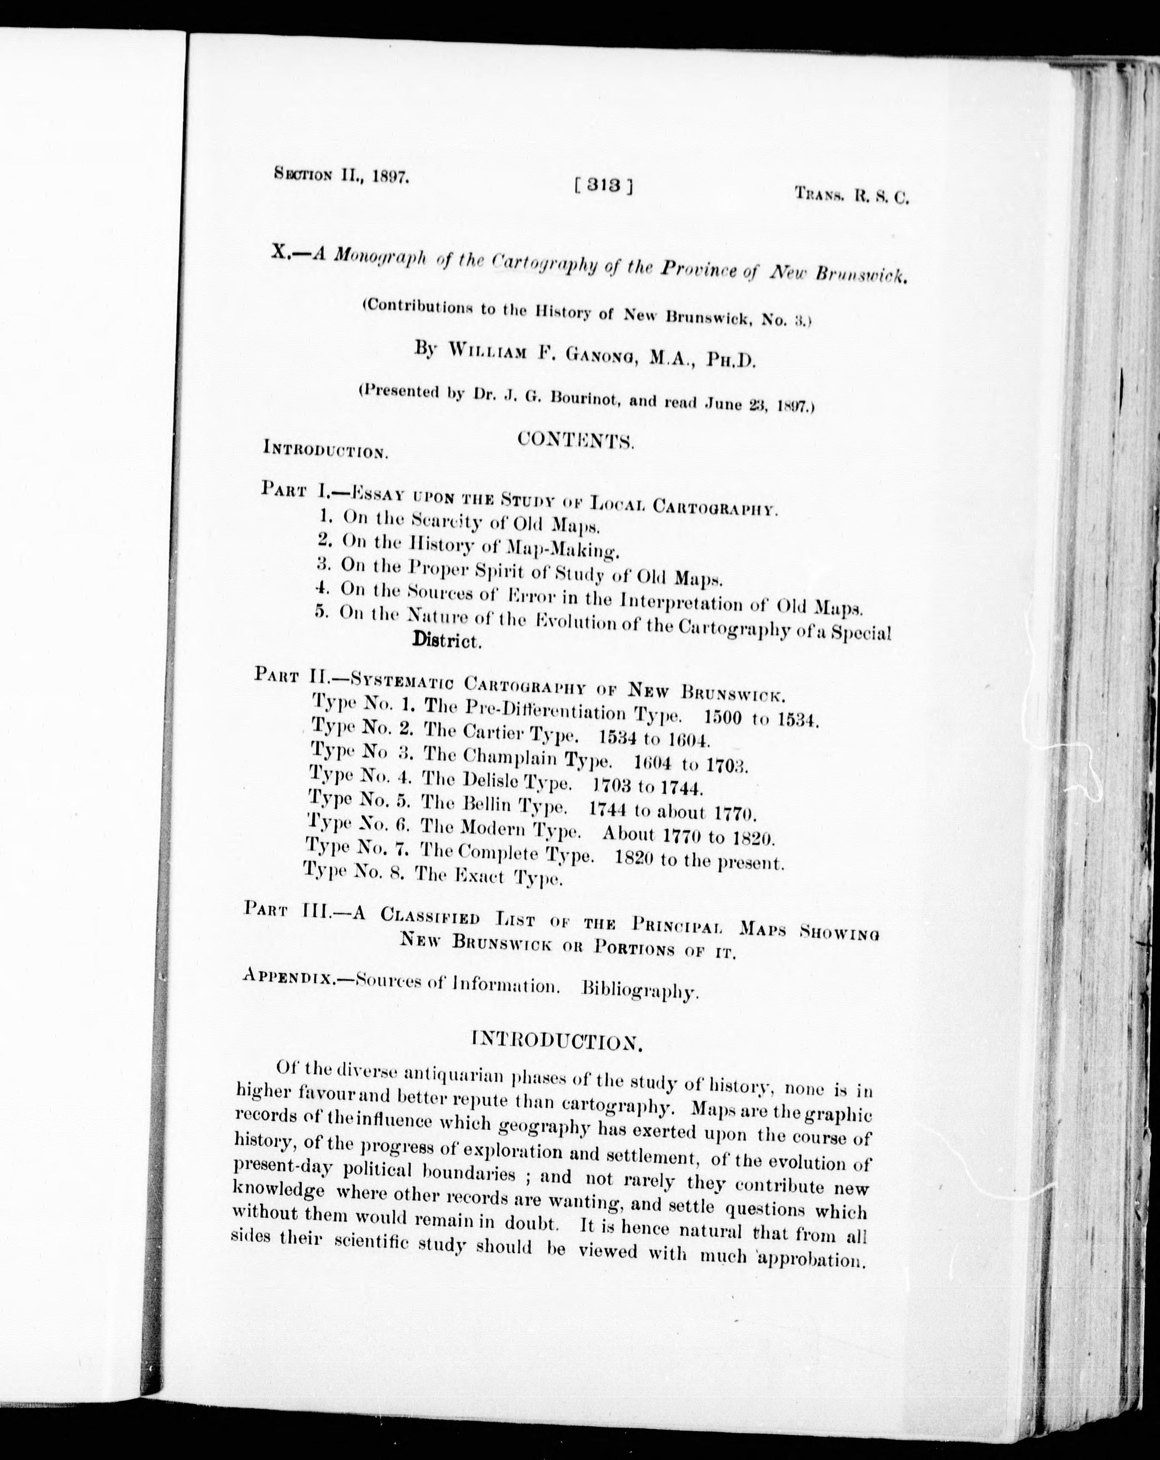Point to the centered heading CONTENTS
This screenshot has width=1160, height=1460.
[575, 441]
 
